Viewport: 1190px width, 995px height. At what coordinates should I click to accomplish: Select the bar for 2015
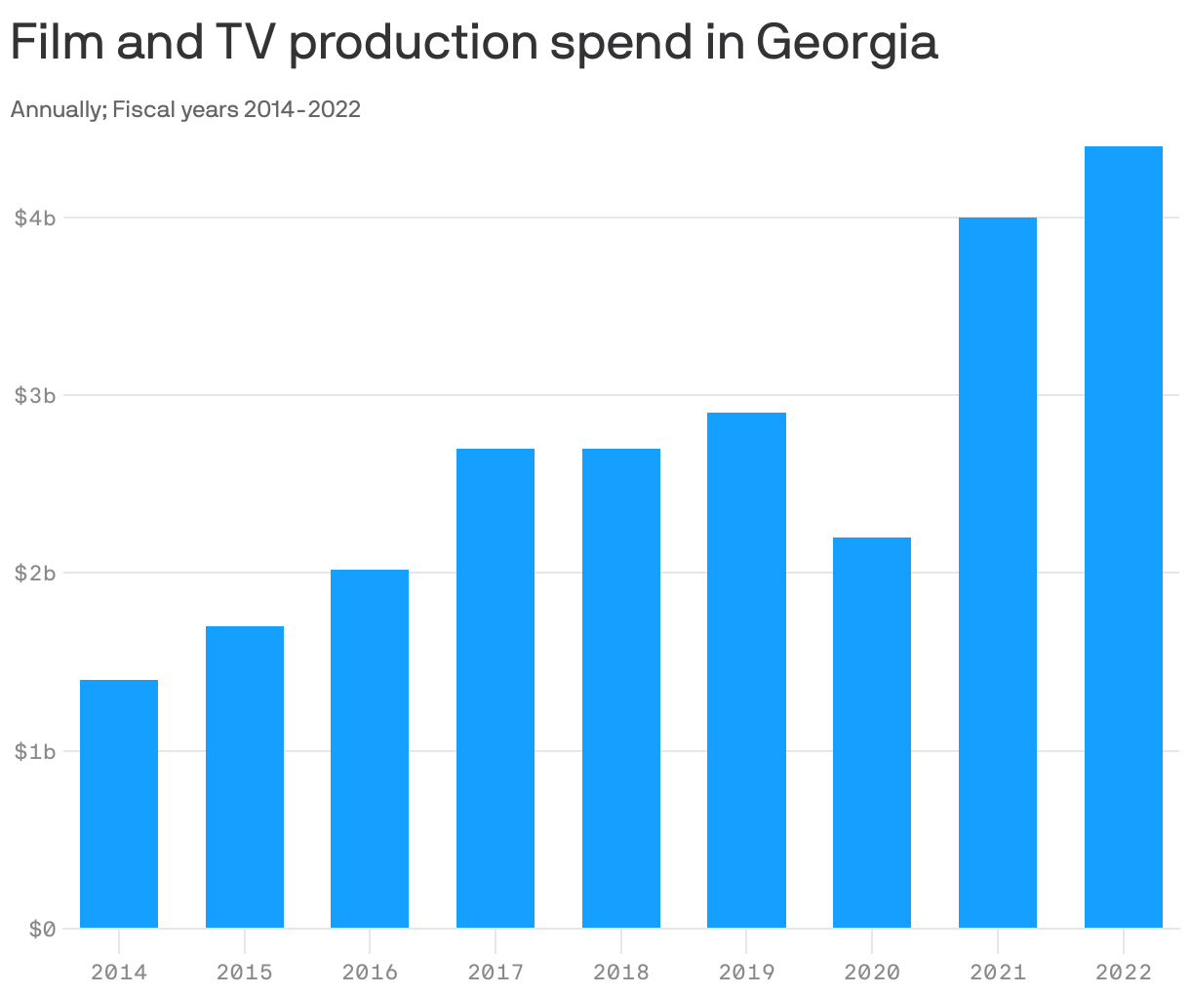(244, 776)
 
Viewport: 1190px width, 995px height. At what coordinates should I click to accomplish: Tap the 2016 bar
(370, 748)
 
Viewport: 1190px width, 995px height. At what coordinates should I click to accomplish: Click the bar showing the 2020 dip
(872, 732)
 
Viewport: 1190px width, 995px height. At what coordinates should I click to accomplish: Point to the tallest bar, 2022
(1123, 537)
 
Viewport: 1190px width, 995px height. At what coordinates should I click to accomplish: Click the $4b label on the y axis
(35, 218)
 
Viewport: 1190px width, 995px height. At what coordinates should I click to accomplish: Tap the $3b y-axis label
(35, 395)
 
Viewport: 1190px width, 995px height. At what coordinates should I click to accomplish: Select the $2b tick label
(35, 573)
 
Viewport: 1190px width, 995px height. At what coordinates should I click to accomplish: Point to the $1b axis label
(35, 751)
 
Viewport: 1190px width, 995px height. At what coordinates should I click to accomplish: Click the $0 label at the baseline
(41, 929)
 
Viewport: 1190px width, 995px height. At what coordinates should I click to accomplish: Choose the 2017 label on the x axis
(496, 973)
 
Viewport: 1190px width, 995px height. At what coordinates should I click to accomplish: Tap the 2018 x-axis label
(620, 973)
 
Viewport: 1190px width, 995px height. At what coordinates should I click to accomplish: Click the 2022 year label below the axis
(1123, 973)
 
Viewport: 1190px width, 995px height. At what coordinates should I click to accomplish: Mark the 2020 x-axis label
(872, 973)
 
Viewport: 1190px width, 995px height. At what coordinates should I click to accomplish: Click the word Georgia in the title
(846, 44)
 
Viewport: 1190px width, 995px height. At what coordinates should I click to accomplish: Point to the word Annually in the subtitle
(58, 109)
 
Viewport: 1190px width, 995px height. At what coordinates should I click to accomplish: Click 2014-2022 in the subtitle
(301, 109)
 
